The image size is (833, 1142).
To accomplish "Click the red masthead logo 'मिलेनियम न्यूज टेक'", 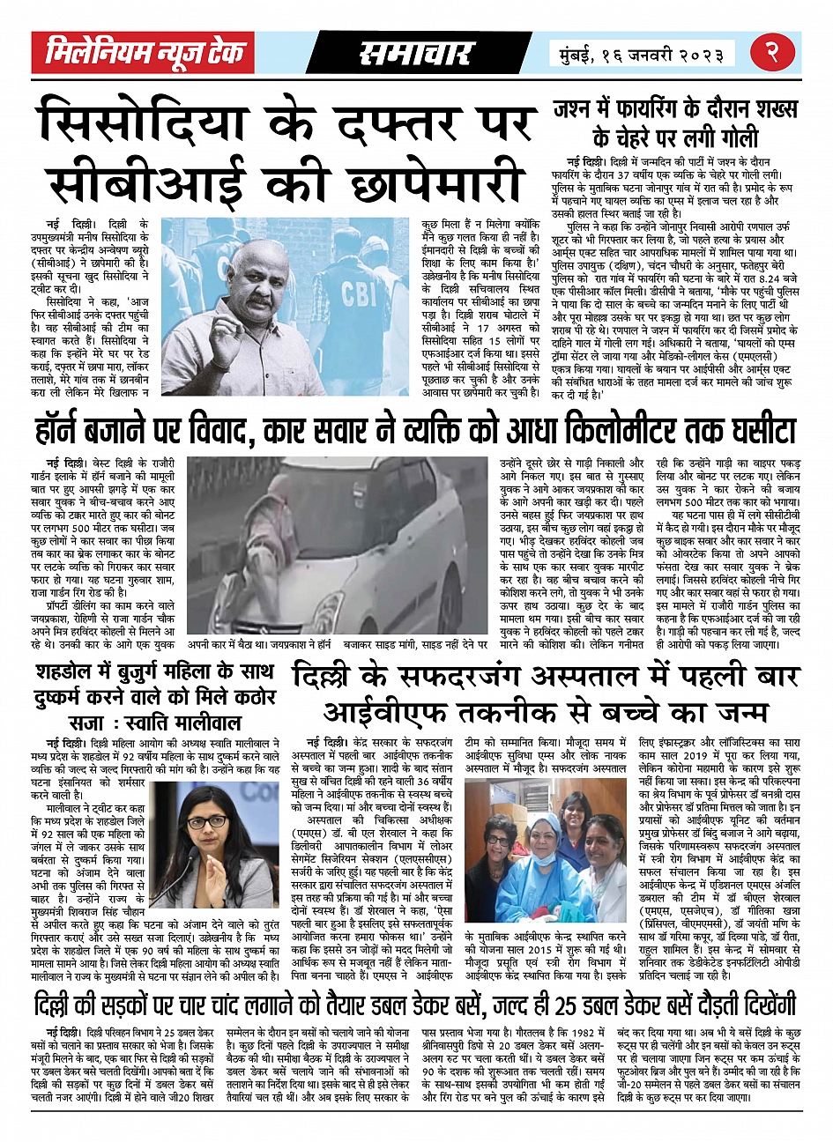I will click(x=144, y=53).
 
